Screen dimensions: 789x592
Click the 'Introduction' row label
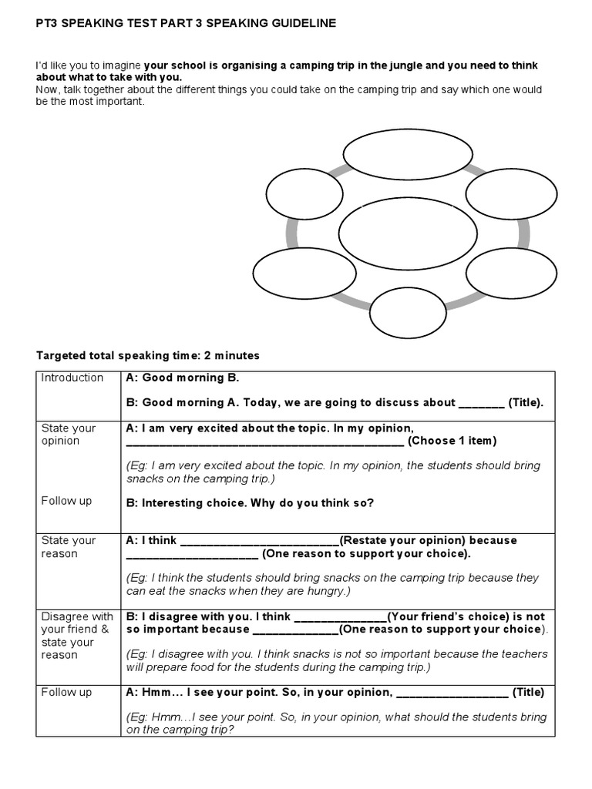coord(72,378)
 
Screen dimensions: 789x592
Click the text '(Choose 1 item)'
coord(452,441)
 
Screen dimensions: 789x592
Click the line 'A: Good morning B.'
coord(183,378)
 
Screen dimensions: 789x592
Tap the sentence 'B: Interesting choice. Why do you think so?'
coord(250,503)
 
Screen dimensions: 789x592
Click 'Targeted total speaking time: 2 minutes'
coord(149,356)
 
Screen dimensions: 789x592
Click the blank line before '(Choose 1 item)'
coord(264,442)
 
